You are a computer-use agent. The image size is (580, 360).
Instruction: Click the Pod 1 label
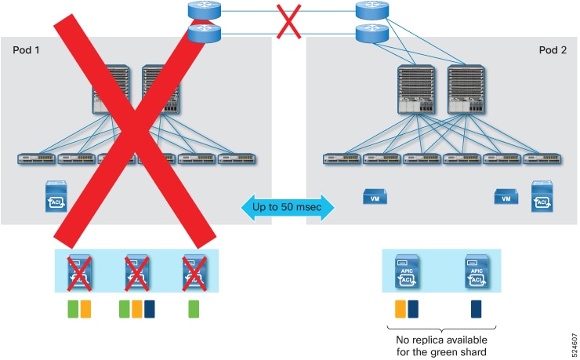click(27, 50)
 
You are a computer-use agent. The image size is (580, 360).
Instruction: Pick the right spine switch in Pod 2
click(461, 95)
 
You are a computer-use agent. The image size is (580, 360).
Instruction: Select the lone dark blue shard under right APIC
click(476, 308)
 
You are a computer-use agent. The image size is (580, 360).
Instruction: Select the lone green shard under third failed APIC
click(193, 308)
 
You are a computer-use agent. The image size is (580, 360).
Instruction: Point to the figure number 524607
click(569, 335)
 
